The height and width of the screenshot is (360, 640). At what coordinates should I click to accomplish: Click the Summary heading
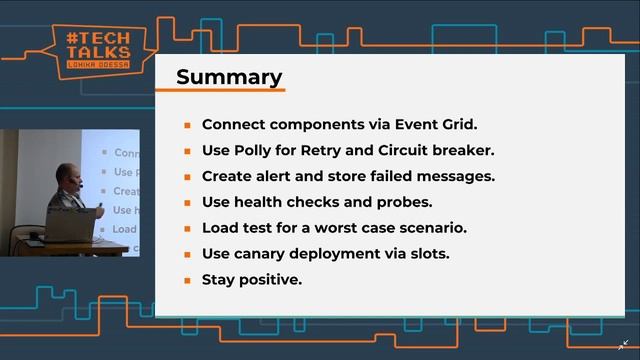[229, 77]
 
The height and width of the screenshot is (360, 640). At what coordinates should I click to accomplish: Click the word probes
[405, 202]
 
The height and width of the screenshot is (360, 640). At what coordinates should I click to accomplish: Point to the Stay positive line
[251, 280]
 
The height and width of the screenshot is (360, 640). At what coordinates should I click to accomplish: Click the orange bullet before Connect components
[187, 126]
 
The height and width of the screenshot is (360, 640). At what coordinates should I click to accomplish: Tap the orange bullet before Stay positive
[187, 281]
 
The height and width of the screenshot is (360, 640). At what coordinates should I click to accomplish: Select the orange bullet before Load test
[187, 229]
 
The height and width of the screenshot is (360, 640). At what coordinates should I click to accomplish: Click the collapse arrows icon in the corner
[624, 344]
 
